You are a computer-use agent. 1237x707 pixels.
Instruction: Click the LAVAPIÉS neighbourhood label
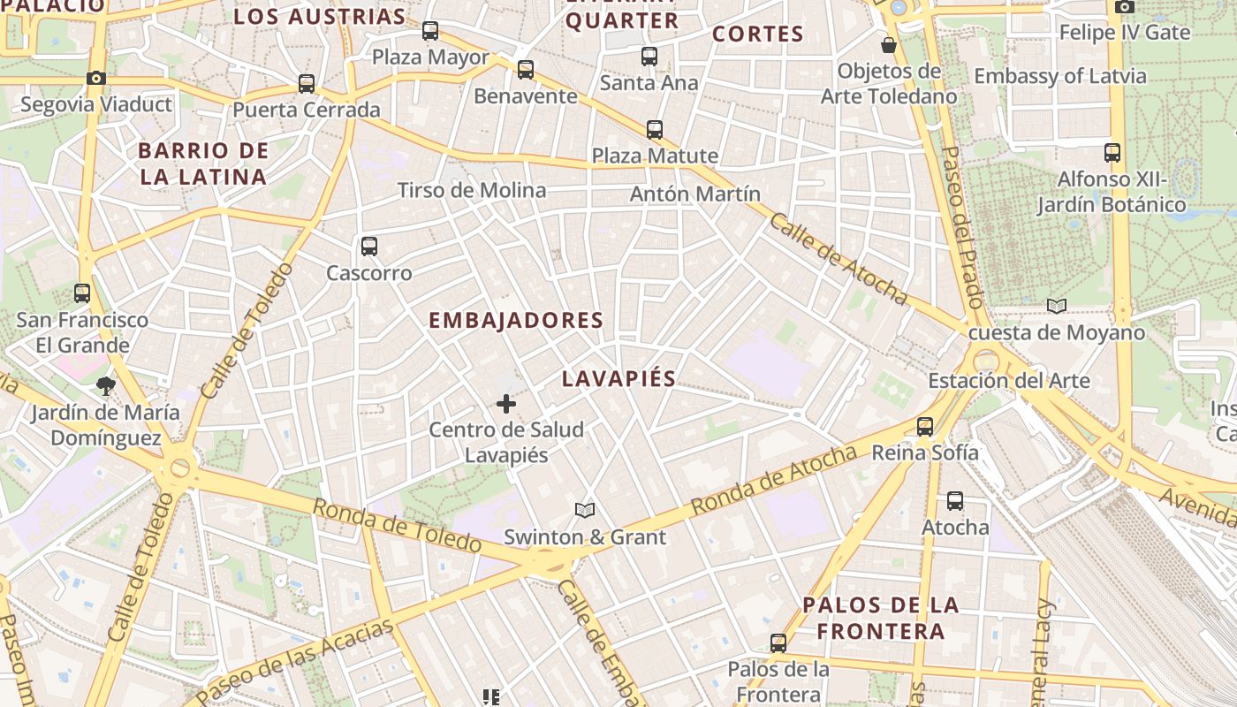tap(618, 378)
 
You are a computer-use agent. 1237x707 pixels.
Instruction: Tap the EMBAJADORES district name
tap(516, 320)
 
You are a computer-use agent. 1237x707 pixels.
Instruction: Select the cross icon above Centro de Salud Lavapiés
tap(506, 404)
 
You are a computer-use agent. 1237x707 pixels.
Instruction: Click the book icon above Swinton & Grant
tap(584, 510)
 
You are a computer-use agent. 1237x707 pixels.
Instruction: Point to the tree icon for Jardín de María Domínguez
tap(106, 386)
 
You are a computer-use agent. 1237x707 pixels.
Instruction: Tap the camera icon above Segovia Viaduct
tap(96, 78)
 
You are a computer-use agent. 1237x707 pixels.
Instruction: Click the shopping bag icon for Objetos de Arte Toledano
tap(889, 44)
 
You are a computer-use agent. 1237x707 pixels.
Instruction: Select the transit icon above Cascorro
tap(369, 247)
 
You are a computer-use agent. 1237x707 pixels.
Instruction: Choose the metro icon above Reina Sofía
tap(925, 427)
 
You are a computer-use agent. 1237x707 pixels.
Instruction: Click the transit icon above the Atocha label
tap(955, 501)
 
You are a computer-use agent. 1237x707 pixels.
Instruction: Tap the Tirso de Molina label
tap(472, 190)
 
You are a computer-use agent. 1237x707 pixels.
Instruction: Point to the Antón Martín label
tap(695, 194)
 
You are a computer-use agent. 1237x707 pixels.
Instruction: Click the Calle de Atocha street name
tap(838, 258)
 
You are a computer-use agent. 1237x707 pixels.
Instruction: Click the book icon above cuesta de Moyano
tap(1056, 307)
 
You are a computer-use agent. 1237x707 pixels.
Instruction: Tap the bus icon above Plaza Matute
tap(655, 130)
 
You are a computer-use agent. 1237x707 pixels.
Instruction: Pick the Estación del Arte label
tap(1008, 381)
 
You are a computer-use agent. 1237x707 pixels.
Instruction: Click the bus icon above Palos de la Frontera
tap(778, 642)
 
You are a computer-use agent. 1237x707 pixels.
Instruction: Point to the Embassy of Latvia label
tap(1060, 76)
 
